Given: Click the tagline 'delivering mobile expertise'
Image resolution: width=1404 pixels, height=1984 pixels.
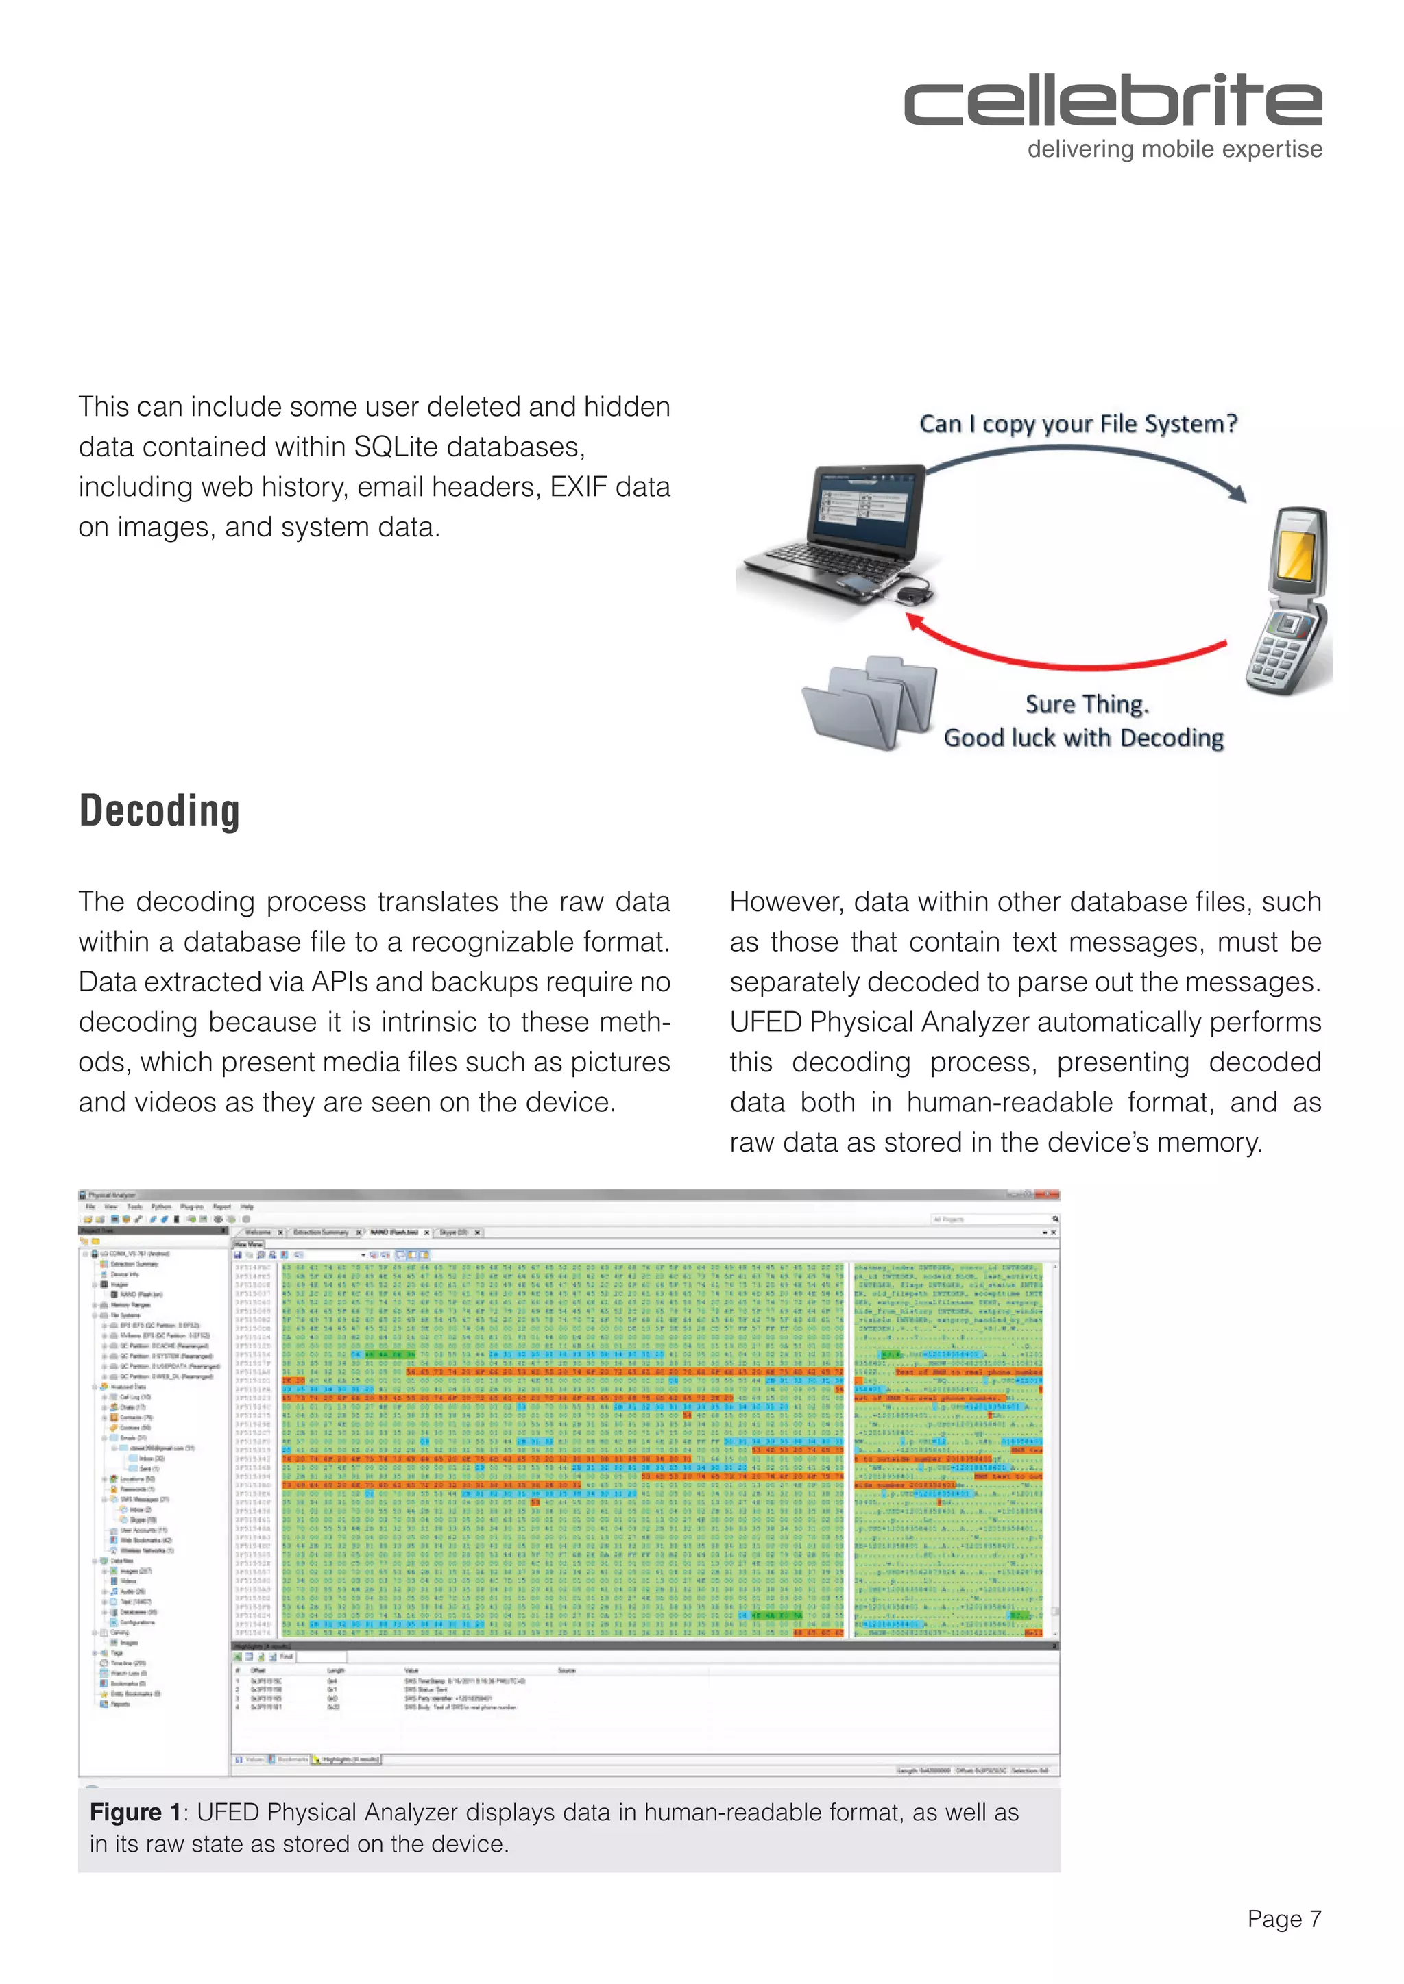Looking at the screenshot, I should coord(1174,149).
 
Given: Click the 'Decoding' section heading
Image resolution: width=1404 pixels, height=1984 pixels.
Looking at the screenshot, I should coord(159,810).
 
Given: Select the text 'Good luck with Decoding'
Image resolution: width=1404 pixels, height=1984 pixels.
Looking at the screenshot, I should coord(1082,737).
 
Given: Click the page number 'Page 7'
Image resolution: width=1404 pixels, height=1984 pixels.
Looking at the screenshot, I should coord(1284,1918).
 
